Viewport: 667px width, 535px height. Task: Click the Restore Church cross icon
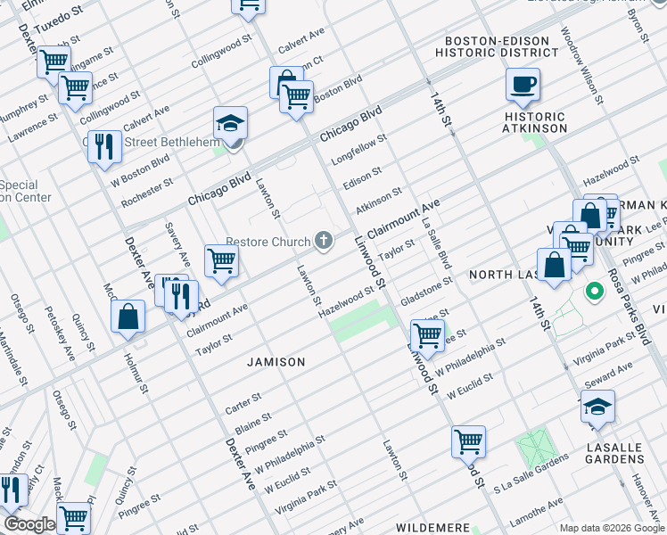pos(325,241)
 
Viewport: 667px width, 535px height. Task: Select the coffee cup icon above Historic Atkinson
pos(523,86)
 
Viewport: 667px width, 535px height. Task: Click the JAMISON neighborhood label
pos(276,362)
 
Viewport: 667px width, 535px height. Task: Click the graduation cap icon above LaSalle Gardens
pos(597,408)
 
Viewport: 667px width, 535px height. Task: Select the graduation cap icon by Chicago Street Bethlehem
pos(230,124)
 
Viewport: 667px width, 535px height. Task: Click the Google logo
pos(29,524)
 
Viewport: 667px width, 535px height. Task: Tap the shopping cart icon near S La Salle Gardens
pos(468,440)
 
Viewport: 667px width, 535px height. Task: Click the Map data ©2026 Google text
pos(612,527)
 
